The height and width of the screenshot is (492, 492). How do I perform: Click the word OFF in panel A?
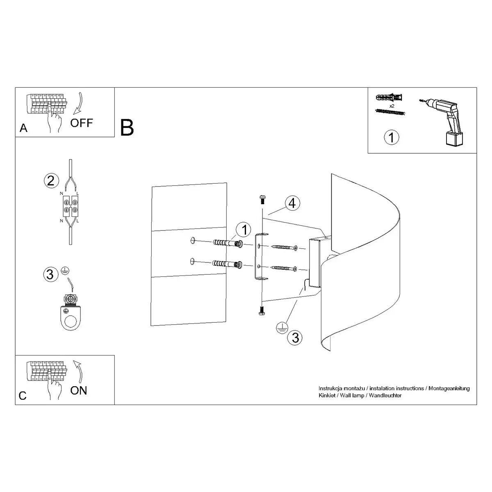(82, 123)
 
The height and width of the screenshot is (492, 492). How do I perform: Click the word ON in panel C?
(79, 390)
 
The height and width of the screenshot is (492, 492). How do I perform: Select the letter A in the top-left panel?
(23, 128)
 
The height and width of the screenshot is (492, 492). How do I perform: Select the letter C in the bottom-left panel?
(23, 396)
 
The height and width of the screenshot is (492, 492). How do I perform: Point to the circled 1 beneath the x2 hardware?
(391, 137)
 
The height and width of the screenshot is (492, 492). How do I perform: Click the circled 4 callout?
(292, 203)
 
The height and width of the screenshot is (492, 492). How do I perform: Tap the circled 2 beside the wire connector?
(50, 180)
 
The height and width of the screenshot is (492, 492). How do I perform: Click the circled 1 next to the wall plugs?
(244, 230)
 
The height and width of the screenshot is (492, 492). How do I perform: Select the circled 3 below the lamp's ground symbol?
(295, 337)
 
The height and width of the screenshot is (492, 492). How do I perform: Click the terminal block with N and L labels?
(70, 206)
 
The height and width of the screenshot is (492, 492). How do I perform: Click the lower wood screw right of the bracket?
(284, 268)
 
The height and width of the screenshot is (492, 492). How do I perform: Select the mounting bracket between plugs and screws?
(260, 257)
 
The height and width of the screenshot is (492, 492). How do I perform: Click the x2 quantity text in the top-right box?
(392, 106)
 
